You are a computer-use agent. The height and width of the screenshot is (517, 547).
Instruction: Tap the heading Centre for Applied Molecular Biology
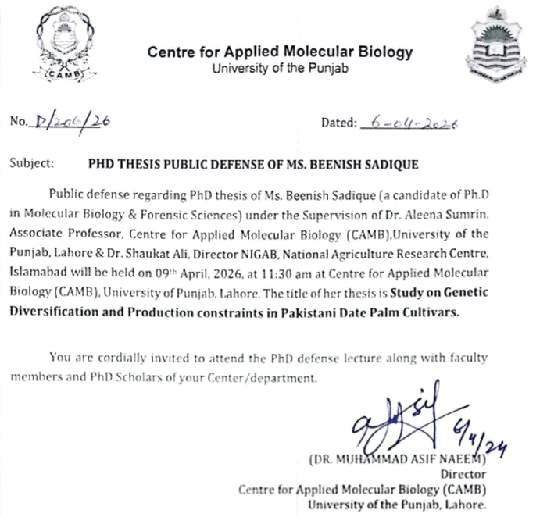(x=279, y=53)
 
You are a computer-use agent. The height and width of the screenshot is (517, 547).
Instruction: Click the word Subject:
(x=32, y=164)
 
